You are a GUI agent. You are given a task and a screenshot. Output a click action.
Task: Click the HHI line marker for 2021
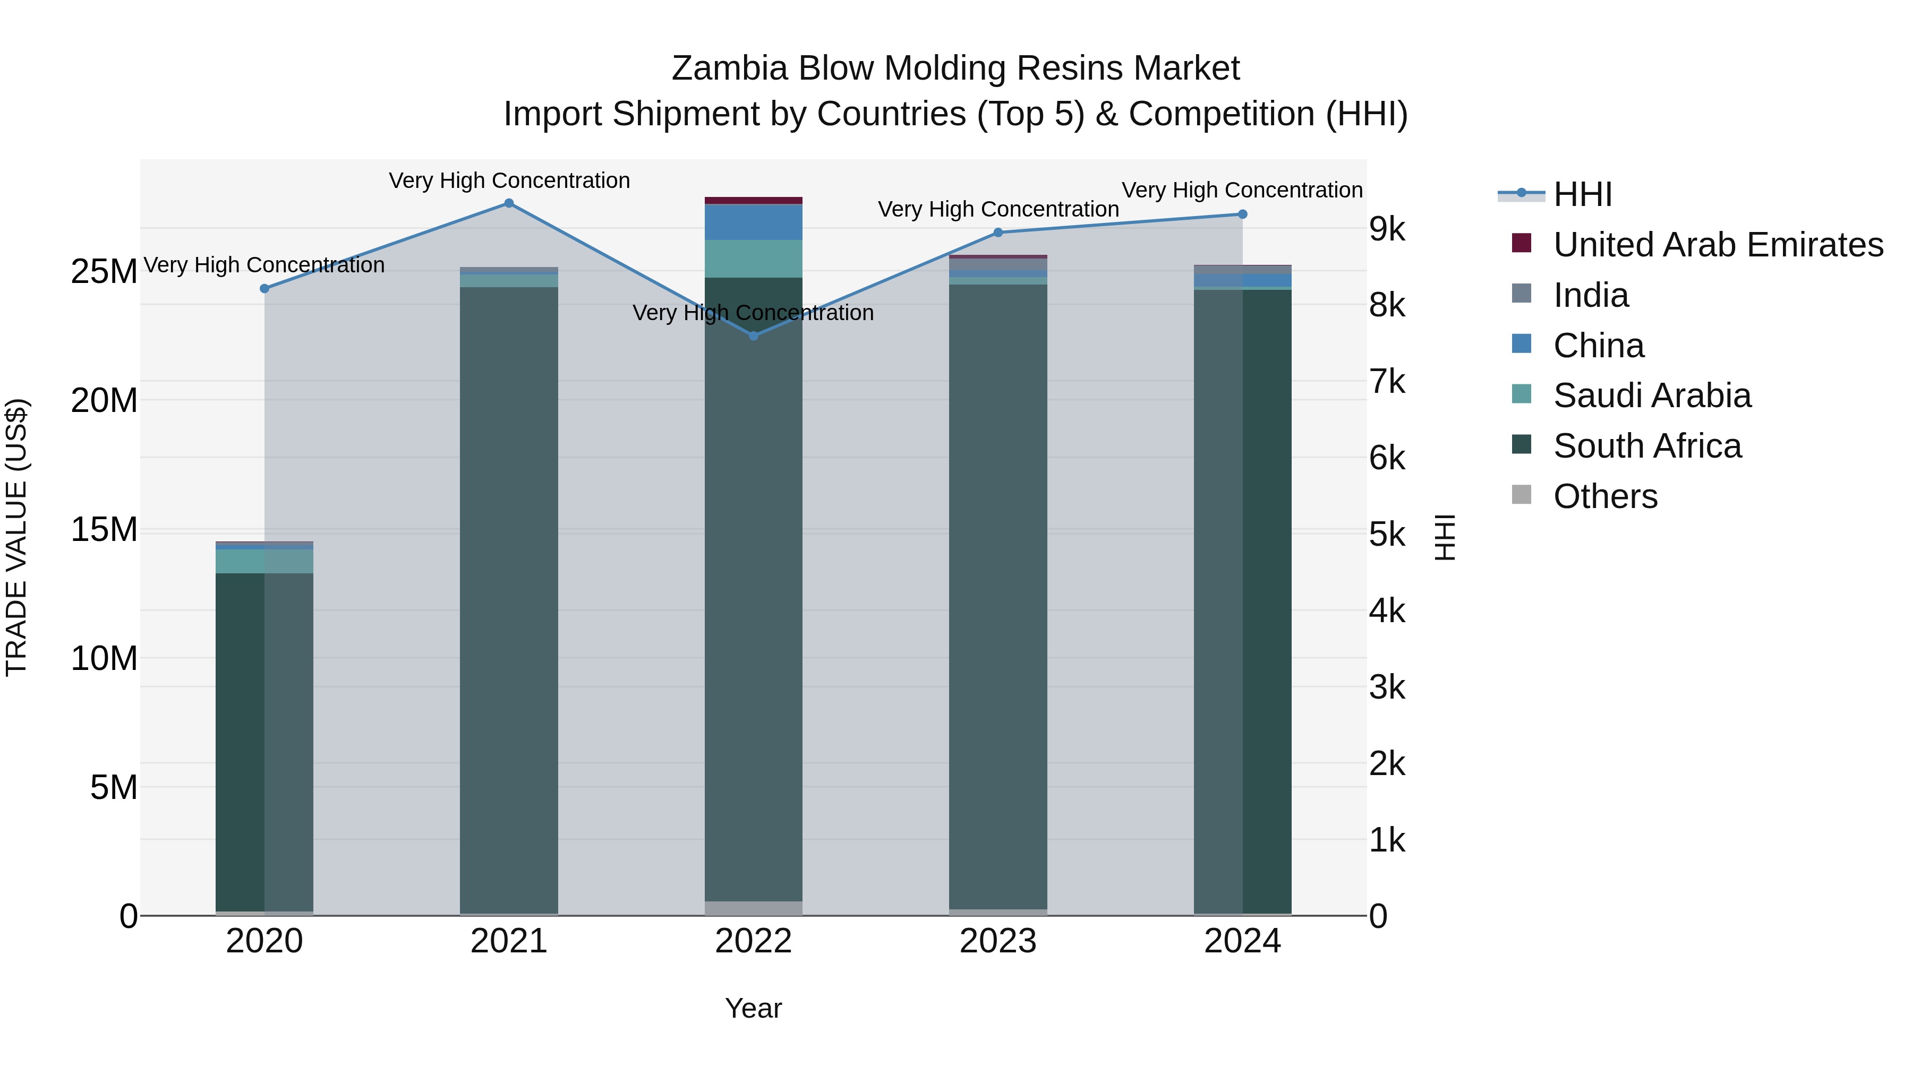pos(509,203)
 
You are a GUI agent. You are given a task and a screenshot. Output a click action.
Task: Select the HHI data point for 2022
pos(753,336)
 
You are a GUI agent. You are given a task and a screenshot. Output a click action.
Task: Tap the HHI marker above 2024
pos(1242,214)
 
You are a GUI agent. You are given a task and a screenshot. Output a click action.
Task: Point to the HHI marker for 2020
pos(264,289)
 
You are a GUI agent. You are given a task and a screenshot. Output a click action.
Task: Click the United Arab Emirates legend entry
pos(1718,245)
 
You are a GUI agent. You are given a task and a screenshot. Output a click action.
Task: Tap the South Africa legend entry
pos(1647,446)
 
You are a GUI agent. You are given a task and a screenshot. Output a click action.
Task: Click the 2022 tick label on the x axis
pos(753,941)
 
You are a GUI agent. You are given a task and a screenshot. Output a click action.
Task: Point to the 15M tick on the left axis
pos(104,530)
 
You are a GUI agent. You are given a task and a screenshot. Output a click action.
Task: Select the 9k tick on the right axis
pos(1387,229)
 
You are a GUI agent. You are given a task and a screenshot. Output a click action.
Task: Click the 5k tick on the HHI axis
pos(1387,535)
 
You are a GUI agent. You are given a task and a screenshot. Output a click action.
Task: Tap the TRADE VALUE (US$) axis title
pos(17,537)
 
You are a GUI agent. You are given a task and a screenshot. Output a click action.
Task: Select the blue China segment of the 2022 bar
pos(753,222)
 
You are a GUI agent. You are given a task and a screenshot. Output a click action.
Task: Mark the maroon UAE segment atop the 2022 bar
pos(753,200)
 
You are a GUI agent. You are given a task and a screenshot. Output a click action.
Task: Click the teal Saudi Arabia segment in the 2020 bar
pos(264,561)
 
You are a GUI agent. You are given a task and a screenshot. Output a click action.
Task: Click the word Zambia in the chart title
pos(729,69)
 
